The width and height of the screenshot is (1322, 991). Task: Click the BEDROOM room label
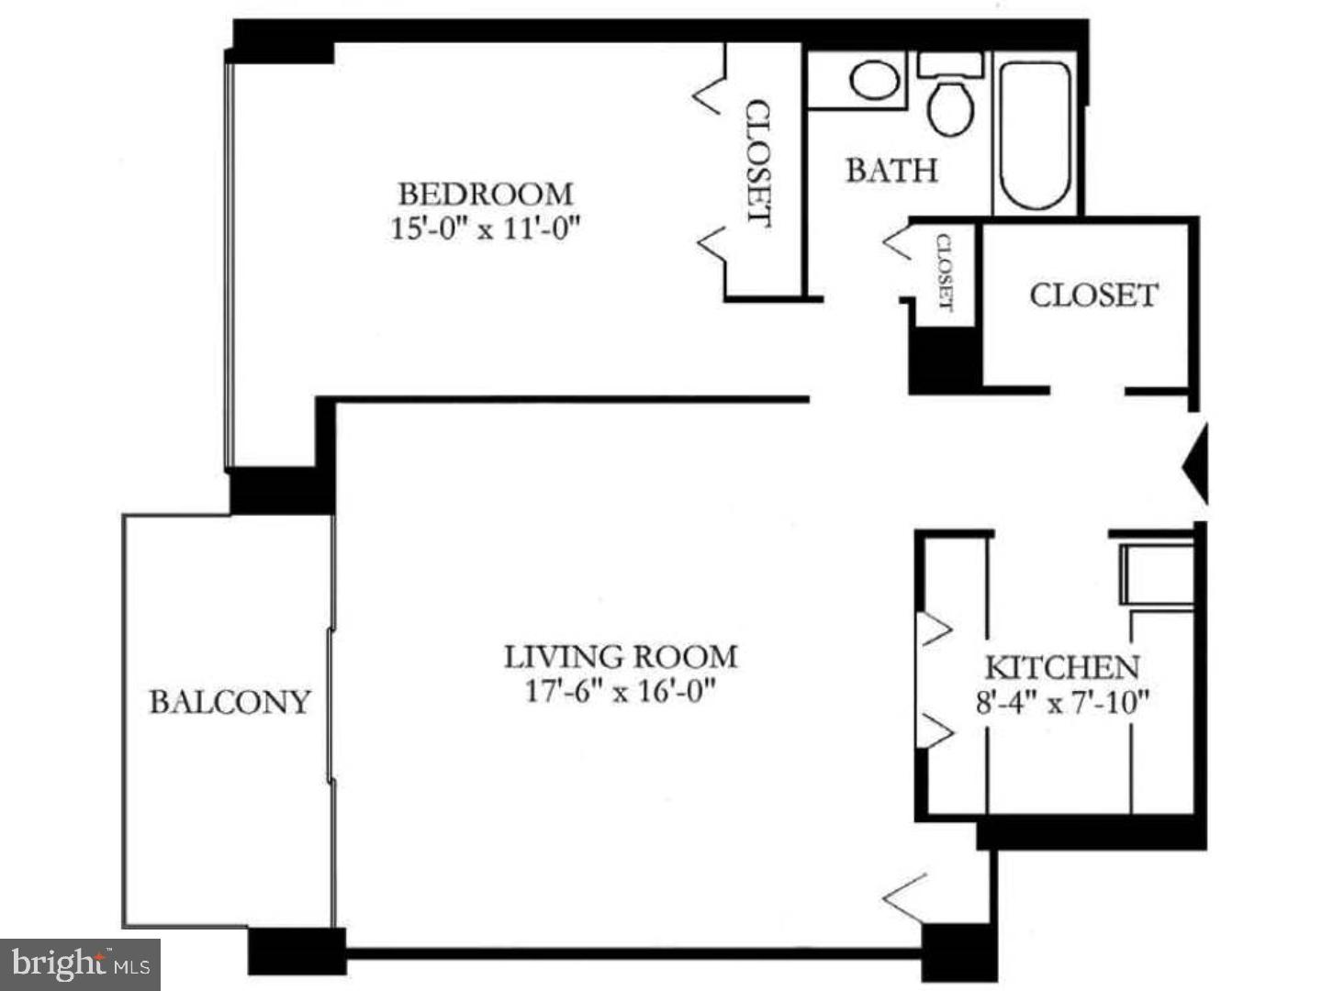pyautogui.click(x=485, y=194)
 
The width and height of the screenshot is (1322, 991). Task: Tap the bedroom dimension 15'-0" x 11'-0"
pyautogui.click(x=487, y=228)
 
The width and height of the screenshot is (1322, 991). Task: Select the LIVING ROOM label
pyautogui.click(x=621, y=656)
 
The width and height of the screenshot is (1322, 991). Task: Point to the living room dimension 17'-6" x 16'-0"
pyautogui.click(x=620, y=690)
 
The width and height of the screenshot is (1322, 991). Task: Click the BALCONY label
pyautogui.click(x=230, y=702)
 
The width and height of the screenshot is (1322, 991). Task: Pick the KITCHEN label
pyautogui.click(x=1062, y=667)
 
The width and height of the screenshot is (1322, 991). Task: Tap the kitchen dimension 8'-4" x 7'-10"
pyautogui.click(x=1062, y=703)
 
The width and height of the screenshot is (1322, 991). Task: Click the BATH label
pyautogui.click(x=891, y=171)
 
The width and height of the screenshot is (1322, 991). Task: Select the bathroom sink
pyautogui.click(x=874, y=81)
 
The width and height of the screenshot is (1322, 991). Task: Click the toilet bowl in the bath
pyautogui.click(x=950, y=107)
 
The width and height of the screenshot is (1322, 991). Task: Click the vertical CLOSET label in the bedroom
pyautogui.click(x=758, y=162)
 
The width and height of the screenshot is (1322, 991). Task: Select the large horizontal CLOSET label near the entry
pyautogui.click(x=1093, y=295)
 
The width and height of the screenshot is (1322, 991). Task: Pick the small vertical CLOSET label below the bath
pyautogui.click(x=944, y=273)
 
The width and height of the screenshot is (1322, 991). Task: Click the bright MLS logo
pyautogui.click(x=80, y=964)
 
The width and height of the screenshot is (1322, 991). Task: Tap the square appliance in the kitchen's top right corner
pyautogui.click(x=1156, y=573)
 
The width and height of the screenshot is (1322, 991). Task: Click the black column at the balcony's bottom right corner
pyautogui.click(x=296, y=951)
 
